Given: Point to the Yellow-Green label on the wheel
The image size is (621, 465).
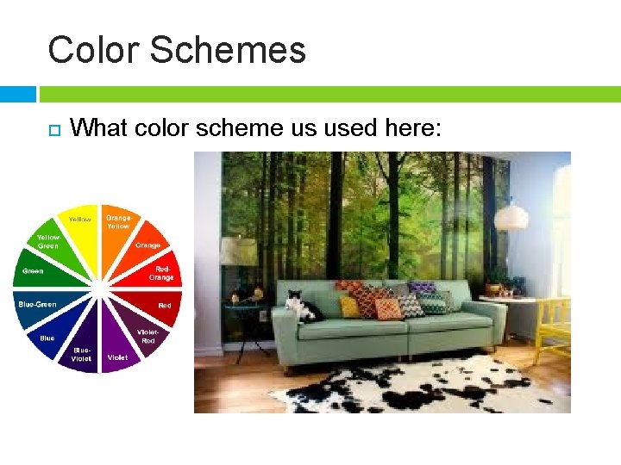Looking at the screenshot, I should coord(48,241).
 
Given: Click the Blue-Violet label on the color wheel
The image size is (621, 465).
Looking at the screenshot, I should coord(82,354).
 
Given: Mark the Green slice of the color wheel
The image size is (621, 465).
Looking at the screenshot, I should coord(39,270).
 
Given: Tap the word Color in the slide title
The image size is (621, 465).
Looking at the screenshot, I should coord(92,50).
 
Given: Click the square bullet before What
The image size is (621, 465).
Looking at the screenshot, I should coord(53,129).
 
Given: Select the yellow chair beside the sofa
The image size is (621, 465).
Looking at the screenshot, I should coord(552,327).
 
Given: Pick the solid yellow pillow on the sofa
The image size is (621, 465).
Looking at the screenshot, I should coord(349,306).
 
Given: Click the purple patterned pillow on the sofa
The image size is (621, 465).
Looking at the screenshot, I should coord(422,288).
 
